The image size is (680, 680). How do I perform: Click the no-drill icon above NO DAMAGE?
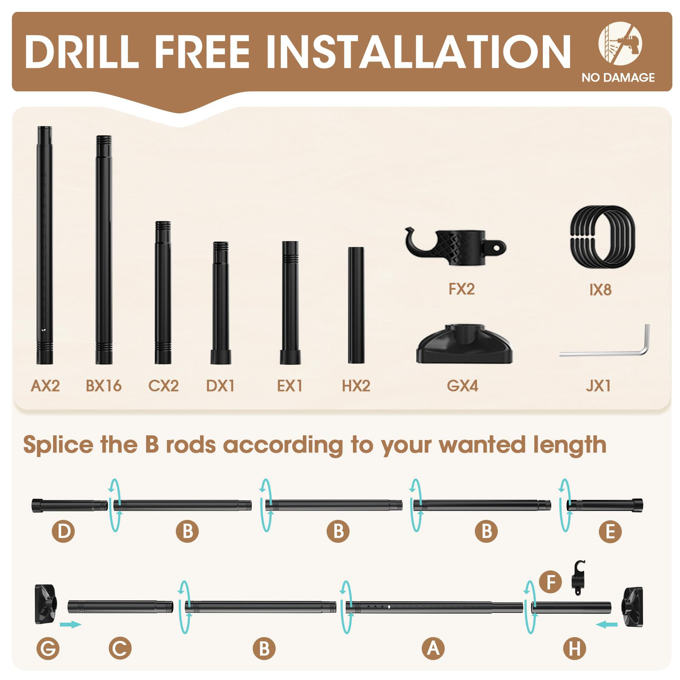pyautogui.click(x=620, y=43)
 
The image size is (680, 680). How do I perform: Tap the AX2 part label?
pyautogui.click(x=45, y=386)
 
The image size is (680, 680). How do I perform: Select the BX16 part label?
pyautogui.click(x=104, y=386)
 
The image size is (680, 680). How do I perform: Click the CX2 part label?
pyautogui.click(x=164, y=386)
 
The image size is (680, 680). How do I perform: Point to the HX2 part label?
pyautogui.click(x=356, y=386)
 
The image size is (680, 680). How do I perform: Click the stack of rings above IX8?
pyautogui.click(x=602, y=237)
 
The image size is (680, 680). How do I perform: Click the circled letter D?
pyautogui.click(x=63, y=531)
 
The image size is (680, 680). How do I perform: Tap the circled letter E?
pyautogui.click(x=610, y=531)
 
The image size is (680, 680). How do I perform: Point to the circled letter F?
pyautogui.click(x=551, y=582)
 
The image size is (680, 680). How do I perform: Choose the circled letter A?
pyautogui.click(x=433, y=649)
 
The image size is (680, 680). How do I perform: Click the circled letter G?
pyautogui.click(x=48, y=649)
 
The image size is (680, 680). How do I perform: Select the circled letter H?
pyautogui.click(x=575, y=649)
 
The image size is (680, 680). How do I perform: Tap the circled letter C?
pyautogui.click(x=120, y=649)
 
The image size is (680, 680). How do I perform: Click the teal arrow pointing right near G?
pyautogui.click(x=71, y=624)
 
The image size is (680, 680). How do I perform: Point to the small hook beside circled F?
pyautogui.click(x=578, y=577)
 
